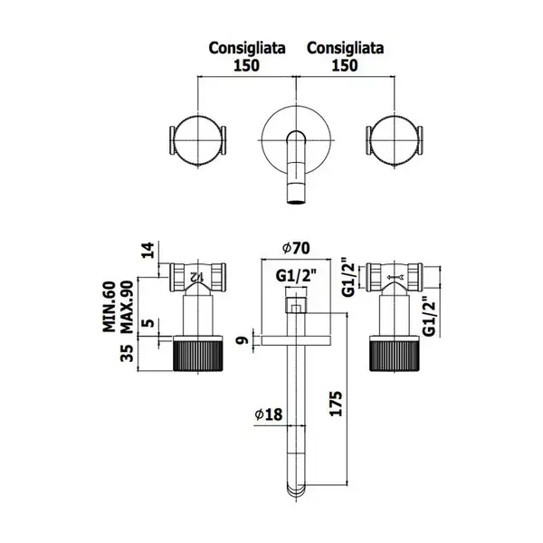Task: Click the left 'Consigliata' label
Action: pos(247,49)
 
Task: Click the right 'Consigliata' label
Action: pos(346,49)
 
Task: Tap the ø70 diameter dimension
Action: pos(296,248)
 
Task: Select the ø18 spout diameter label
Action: pos(269,414)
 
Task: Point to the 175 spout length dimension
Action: pos(336,404)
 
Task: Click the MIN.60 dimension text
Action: pos(110,307)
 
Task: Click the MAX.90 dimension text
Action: pos(127,307)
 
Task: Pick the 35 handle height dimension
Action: pos(127,353)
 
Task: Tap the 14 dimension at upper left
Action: pos(148,251)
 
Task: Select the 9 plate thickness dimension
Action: pos(243,340)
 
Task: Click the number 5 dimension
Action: pos(148,323)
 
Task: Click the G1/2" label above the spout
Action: pos(297,276)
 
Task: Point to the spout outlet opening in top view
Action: pos(297,201)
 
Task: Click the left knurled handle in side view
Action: pos(197,354)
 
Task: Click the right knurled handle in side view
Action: pos(395,354)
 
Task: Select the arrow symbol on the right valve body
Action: pos(395,277)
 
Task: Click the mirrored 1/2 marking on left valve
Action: pos(196,276)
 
